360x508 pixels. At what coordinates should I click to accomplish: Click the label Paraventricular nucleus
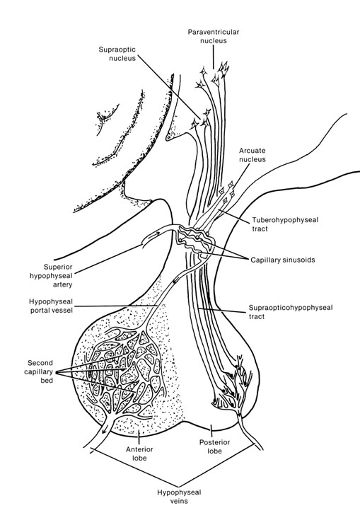[214, 36]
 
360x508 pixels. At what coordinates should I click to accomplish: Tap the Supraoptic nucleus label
[117, 54]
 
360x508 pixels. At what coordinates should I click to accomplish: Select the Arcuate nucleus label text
[252, 155]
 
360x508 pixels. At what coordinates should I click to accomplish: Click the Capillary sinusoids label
[283, 260]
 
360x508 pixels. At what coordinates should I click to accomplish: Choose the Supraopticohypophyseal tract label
[291, 312]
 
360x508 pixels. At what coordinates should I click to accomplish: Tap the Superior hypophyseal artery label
[51, 276]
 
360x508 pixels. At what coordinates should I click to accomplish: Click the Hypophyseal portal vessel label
[51, 306]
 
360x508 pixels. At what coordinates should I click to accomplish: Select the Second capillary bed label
[39, 371]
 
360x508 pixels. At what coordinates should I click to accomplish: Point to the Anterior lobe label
[139, 454]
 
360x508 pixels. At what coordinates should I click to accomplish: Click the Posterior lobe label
[214, 446]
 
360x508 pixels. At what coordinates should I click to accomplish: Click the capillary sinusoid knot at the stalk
[194, 241]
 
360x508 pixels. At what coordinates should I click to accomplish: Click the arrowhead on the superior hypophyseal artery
[156, 235]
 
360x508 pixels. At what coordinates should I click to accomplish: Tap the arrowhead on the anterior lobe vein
[104, 430]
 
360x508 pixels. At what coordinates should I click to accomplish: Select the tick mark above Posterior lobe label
[211, 430]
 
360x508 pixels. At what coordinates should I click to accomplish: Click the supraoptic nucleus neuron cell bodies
[201, 119]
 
